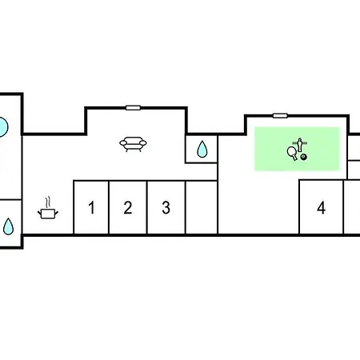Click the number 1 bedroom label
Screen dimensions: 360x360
pos(91,207)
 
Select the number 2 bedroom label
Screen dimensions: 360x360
pos(128,207)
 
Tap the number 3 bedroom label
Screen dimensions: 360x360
pos(166,207)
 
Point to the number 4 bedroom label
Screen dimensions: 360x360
pos(322,207)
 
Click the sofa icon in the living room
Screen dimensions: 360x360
pos(133,144)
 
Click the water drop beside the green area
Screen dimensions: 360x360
pos(202,149)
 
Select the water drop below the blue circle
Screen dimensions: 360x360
pos(8,226)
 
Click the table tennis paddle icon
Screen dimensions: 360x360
pos(292,153)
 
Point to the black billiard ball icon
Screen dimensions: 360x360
pos(303,157)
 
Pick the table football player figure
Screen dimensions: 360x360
pos(300,145)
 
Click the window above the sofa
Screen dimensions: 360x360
pos(133,108)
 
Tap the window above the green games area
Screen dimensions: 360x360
pos(280,115)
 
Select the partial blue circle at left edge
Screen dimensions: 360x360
pos(4,127)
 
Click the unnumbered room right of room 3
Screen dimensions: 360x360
pos(202,207)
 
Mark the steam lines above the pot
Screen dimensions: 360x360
pos(48,202)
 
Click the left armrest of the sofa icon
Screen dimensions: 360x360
pos(123,143)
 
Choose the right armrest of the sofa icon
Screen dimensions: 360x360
pos(143,143)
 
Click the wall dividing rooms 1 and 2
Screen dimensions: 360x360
pos(109,207)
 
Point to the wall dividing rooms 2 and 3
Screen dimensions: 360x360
pos(147,207)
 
